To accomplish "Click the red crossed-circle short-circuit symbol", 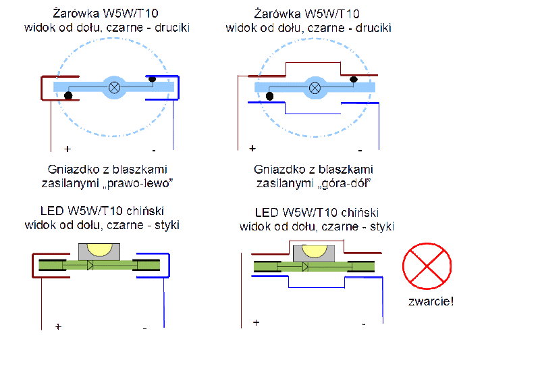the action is (427, 266).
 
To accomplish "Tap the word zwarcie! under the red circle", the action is (431, 301).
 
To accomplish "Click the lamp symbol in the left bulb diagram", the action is (114, 88).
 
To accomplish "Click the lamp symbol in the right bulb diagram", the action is (315, 88).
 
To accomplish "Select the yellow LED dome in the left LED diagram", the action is (99, 249).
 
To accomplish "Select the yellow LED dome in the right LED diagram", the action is (314, 251).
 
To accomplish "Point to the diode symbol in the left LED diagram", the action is (90, 265).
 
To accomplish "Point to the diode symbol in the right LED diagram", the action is (305, 267).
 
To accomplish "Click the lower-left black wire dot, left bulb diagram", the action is (68, 95).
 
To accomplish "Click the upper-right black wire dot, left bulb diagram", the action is (153, 79).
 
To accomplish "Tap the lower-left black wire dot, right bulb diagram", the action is (269, 96).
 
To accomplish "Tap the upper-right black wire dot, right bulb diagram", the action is (353, 80).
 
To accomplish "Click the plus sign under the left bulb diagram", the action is (67, 149).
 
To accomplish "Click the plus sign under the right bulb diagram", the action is (252, 148).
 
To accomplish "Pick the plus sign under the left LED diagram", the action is (58, 326).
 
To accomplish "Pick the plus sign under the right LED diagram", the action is (256, 322).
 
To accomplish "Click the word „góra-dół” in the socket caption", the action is (344, 183).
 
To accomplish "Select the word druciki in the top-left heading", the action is (172, 28).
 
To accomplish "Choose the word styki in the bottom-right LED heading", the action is (382, 226).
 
